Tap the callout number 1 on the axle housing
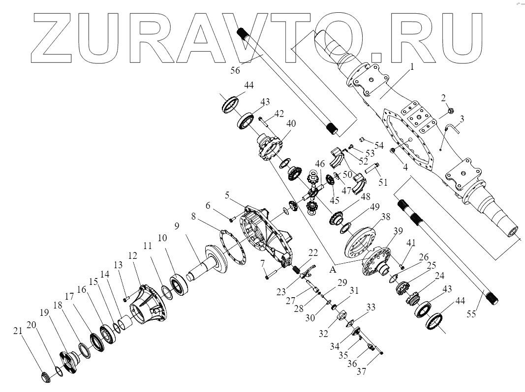pyautogui.click(x=412, y=66)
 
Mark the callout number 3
pyautogui.click(x=462, y=119)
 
